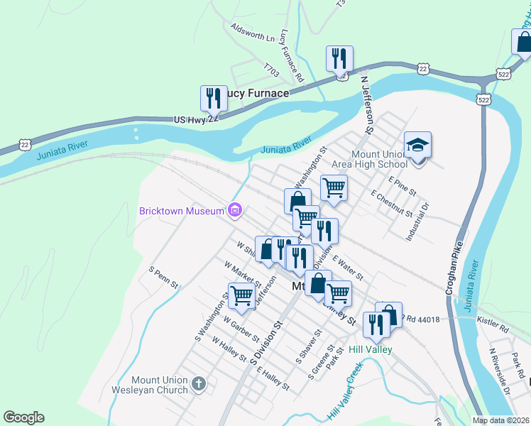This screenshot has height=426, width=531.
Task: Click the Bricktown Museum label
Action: point(180,211)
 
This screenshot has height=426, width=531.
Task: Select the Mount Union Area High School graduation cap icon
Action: point(417,145)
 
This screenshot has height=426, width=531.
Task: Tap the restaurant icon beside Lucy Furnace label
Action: point(214,97)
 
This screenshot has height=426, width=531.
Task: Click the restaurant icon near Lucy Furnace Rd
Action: point(339,58)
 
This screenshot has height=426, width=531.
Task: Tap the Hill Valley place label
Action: point(371,349)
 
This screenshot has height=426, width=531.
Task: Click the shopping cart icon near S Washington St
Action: point(242,295)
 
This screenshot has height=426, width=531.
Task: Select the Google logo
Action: point(23,417)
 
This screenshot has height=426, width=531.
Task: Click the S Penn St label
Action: point(163,279)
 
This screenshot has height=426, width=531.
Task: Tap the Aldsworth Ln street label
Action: point(252,32)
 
